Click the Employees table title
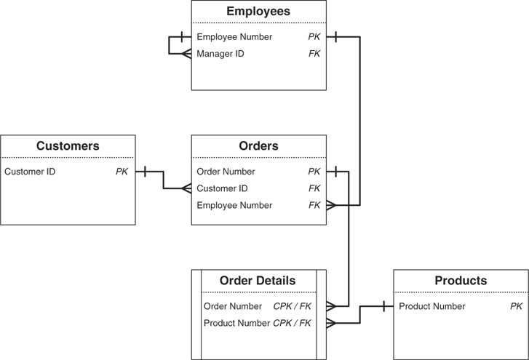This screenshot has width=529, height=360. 258,11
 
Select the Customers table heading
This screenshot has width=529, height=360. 68,146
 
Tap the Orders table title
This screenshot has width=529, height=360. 258,146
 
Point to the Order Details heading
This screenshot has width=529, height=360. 258,281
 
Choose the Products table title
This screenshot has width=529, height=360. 461,281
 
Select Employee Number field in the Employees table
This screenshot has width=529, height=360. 234,37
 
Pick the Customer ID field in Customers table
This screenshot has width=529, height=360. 30,172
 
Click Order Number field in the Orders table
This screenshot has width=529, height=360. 226,172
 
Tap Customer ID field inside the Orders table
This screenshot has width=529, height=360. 222,189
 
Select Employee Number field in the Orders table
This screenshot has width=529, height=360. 234,206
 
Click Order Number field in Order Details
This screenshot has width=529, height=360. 233,307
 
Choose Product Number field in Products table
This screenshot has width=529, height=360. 432,307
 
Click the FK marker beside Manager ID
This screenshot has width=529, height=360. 314,54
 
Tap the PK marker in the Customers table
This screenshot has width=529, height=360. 122,172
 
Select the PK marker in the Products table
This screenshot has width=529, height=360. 516,307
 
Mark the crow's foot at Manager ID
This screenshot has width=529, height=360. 186,54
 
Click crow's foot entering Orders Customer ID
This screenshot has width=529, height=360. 186,189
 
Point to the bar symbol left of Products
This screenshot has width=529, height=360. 383,307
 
